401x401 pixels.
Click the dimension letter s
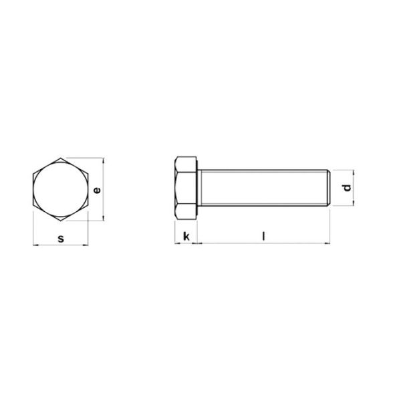pyautogui.click(x=61, y=237)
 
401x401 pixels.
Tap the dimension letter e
pyautogui.click(x=97, y=190)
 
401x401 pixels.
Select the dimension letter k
pyautogui.click(x=186, y=236)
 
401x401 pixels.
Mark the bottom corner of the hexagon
pyautogui.click(x=61, y=221)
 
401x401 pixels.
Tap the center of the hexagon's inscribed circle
pyautogui.click(x=61, y=190)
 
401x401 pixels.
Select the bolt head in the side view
pyautogui.click(x=186, y=190)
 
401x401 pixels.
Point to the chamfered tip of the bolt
pyautogui.click(x=327, y=190)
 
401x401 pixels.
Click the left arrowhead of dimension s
pyautogui.click(x=36, y=246)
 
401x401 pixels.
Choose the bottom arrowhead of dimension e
pyautogui.click(x=105, y=219)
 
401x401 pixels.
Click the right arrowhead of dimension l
pyautogui.click(x=327, y=244)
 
